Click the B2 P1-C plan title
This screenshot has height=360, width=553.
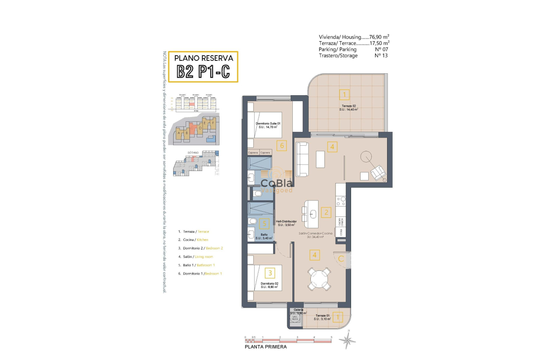click(x=203, y=72)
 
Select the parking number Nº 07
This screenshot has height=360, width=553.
click(x=381, y=49)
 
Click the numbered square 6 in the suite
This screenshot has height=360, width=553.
click(x=281, y=145)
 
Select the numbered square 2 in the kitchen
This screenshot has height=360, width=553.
click(x=326, y=212)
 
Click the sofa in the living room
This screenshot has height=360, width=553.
click(x=301, y=159)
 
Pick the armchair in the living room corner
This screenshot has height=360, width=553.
click(x=378, y=173)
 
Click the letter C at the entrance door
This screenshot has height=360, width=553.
click(x=341, y=258)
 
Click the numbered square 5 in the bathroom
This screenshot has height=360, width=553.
click(x=265, y=223)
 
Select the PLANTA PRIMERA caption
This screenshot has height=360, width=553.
click(x=266, y=347)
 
